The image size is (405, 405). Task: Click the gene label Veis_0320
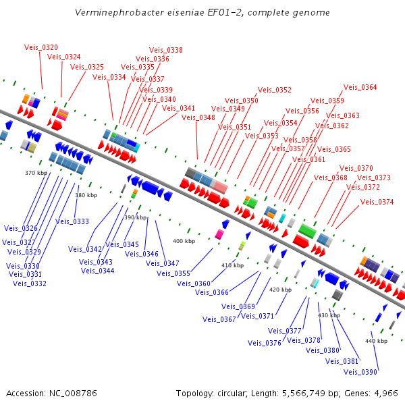41,47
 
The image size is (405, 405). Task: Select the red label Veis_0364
360,87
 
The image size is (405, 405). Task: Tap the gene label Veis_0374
377,202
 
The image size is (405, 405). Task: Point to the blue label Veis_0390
360,372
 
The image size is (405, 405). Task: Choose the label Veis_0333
72,221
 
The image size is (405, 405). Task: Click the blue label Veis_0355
173,273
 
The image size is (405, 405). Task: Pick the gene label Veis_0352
275,90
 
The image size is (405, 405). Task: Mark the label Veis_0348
198,117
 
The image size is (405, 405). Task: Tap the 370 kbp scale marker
36,173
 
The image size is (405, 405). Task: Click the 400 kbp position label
184,241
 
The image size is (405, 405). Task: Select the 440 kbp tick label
377,341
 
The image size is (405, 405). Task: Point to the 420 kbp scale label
280,289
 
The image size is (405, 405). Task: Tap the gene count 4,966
385,393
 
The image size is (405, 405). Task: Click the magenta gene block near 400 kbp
219,234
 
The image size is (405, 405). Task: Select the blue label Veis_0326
21,228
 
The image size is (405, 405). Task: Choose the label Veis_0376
265,343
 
